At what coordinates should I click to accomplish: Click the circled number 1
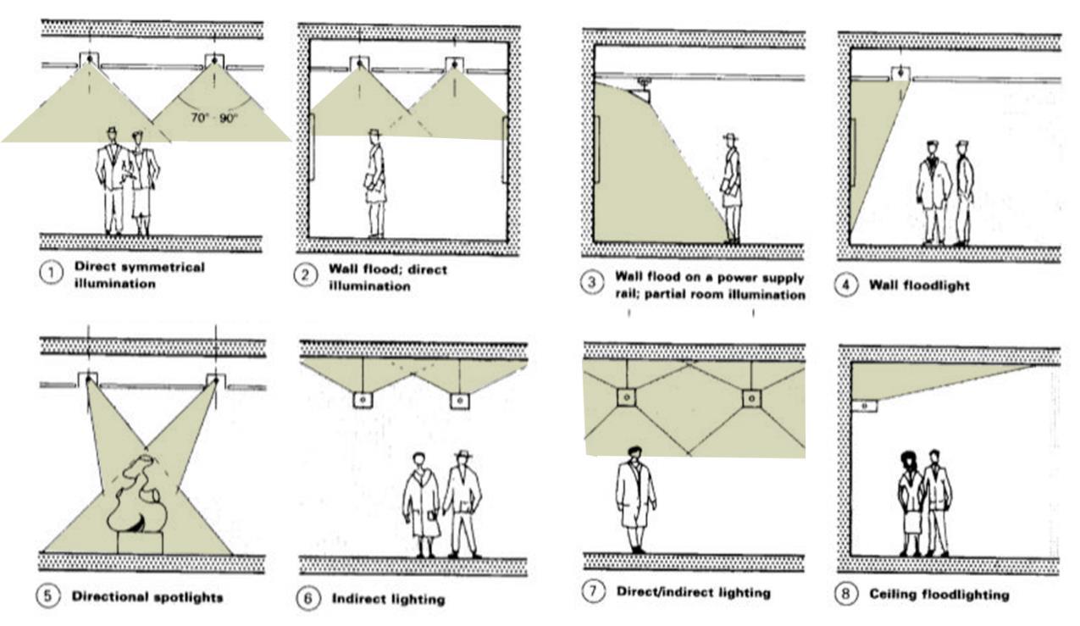(x=53, y=274)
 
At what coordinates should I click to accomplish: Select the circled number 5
(x=48, y=596)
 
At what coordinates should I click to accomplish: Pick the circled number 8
(x=846, y=595)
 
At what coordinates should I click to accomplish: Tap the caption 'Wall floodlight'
(x=919, y=285)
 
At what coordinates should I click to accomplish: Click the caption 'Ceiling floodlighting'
(x=939, y=595)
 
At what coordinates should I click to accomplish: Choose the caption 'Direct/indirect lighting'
(x=694, y=592)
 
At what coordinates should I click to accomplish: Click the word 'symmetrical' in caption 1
(x=163, y=267)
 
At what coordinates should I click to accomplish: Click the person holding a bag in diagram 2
(x=375, y=184)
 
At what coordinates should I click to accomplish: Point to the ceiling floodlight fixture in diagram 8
(x=864, y=406)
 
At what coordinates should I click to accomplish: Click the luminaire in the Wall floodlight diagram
(x=899, y=75)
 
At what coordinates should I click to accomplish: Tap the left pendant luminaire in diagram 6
(x=363, y=399)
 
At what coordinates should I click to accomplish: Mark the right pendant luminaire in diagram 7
(x=750, y=397)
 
